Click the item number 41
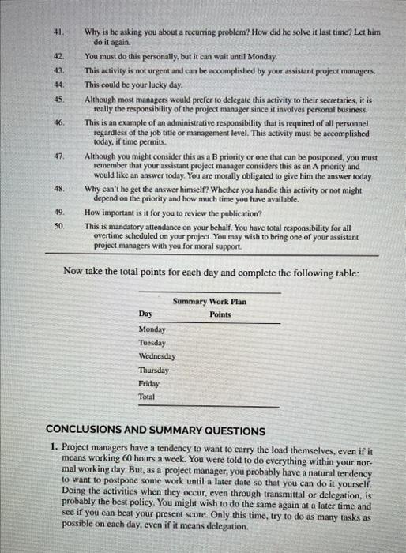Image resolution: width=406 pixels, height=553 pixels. click(x=57, y=32)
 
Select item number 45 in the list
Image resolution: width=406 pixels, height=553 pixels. click(x=58, y=100)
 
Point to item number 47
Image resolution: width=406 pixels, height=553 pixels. click(x=58, y=156)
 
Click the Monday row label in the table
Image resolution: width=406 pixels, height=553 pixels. click(x=152, y=329)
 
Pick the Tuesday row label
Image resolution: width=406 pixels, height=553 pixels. click(x=152, y=343)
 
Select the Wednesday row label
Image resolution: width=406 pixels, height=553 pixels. click(x=156, y=356)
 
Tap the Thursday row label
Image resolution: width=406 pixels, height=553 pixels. click(x=153, y=370)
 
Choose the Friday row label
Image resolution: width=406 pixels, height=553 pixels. click(x=148, y=383)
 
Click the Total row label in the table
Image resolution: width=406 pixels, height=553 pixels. click(x=147, y=397)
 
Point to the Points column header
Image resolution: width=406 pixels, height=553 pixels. click(x=220, y=314)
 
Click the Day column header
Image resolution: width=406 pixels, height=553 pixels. click(x=145, y=314)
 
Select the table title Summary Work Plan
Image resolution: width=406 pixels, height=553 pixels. click(x=209, y=302)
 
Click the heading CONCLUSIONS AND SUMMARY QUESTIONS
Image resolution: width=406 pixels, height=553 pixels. click(x=156, y=431)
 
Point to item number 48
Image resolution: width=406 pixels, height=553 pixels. click(x=58, y=190)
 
